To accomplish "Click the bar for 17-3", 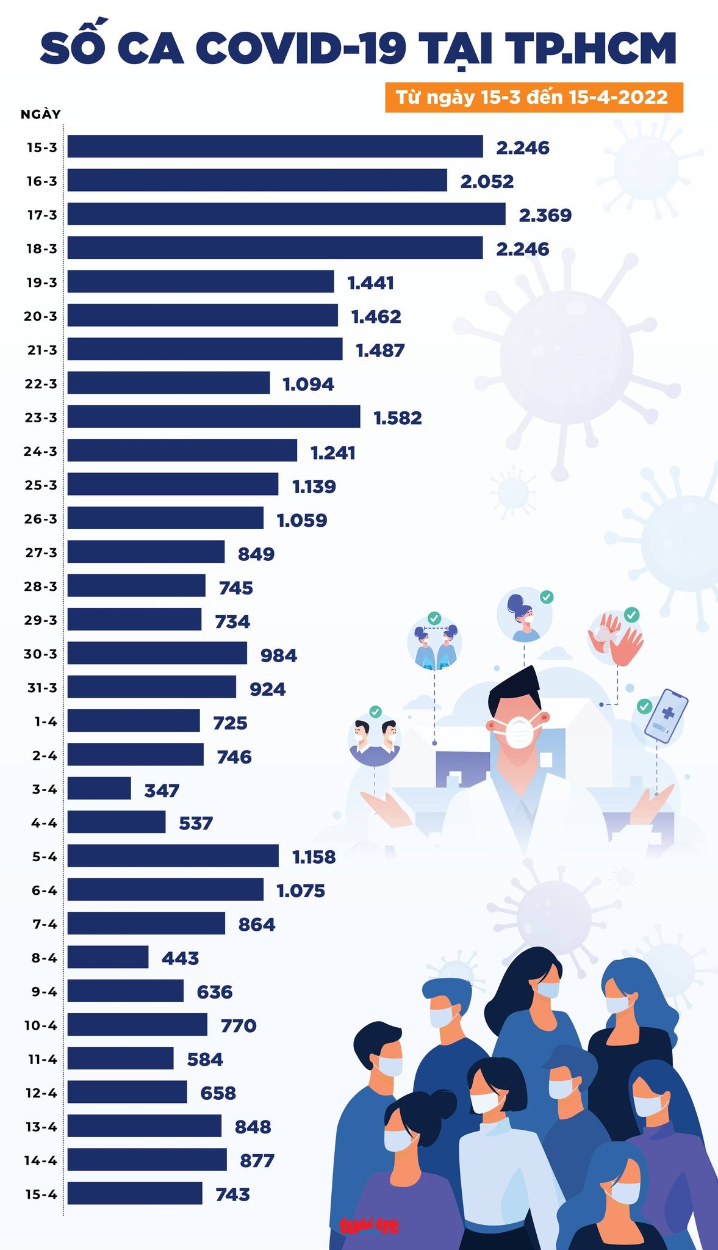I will click(286, 214).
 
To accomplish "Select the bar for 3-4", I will click(99, 788).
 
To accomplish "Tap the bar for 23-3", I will click(214, 417).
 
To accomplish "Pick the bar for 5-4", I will click(173, 856).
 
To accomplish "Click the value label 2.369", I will click(545, 215).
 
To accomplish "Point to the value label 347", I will click(162, 791).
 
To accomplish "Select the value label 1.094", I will click(308, 385).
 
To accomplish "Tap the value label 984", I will click(279, 656).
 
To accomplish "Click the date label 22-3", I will click(41, 384).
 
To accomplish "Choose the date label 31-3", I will click(41, 688).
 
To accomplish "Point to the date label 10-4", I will click(41, 1025).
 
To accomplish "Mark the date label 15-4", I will click(41, 1194).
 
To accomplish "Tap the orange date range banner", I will click(533, 98).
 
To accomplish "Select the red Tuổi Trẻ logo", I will click(370, 1225).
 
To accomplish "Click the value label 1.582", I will click(397, 418).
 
